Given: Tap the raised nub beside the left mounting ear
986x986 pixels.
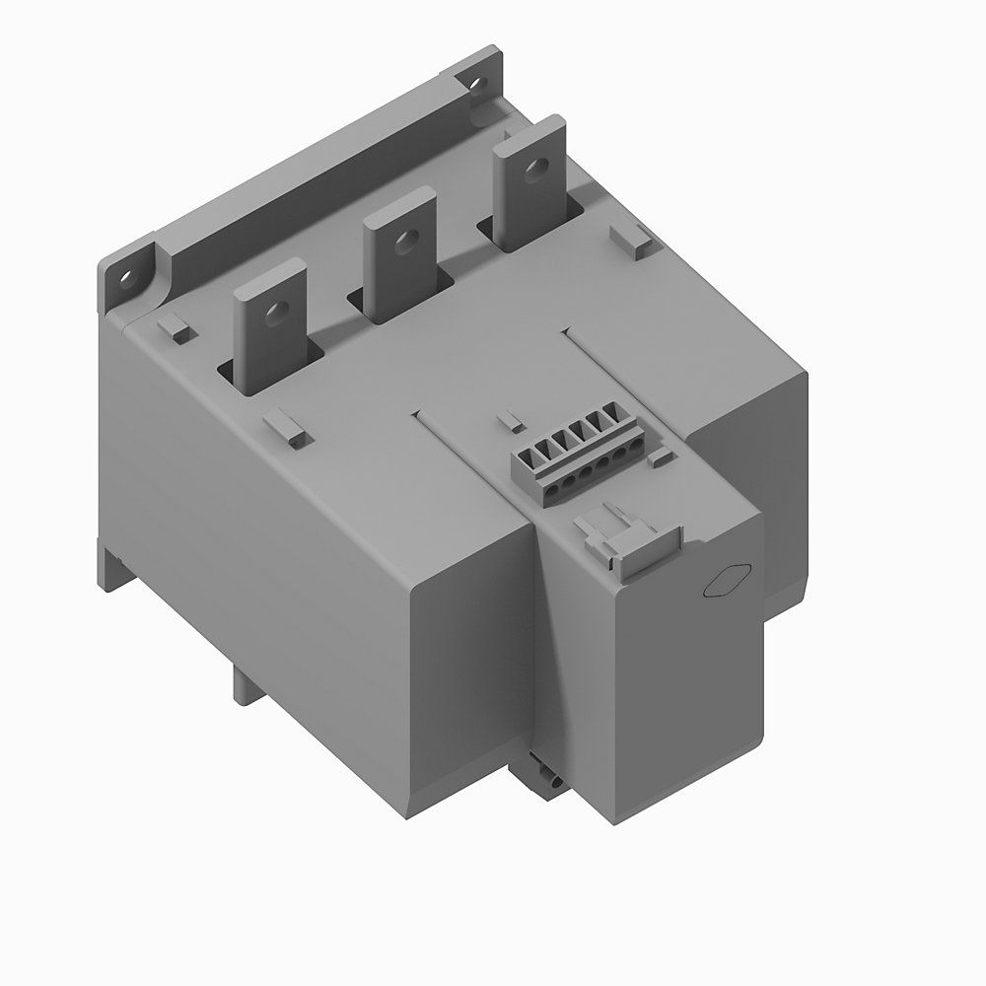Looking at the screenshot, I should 175,328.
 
